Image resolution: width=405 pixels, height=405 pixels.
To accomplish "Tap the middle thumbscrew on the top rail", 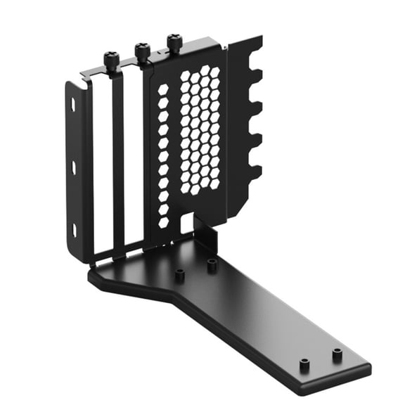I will [143, 51].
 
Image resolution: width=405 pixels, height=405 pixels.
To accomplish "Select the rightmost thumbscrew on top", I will [174, 43].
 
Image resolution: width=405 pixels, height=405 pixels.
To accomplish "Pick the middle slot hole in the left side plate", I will [74, 167].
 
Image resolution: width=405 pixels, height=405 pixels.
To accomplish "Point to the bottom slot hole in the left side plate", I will [75, 230].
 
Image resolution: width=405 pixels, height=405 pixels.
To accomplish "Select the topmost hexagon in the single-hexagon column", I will [163, 90].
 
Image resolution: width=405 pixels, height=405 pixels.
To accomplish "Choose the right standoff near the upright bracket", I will [212, 264].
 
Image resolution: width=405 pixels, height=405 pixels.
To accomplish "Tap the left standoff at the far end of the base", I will [304, 364].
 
